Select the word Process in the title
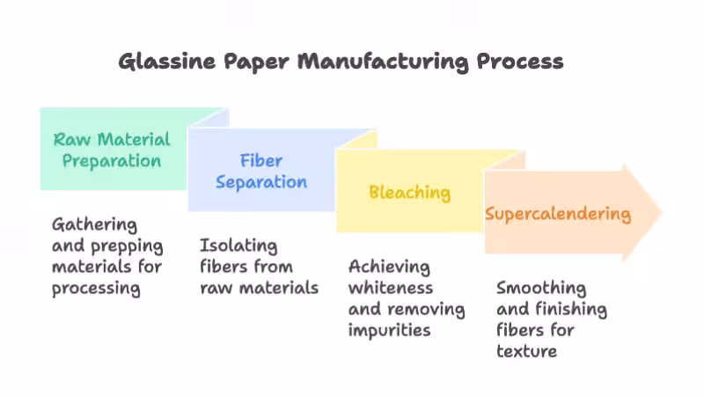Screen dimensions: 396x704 (x=519, y=62)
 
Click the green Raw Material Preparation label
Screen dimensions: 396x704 (x=112, y=150)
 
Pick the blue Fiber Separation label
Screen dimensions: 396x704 (x=261, y=171)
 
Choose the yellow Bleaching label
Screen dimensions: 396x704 (x=409, y=193)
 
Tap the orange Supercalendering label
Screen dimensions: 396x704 (x=558, y=214)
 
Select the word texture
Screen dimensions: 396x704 (x=527, y=352)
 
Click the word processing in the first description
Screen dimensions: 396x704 (x=96, y=288)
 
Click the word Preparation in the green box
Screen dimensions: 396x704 (x=112, y=160)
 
